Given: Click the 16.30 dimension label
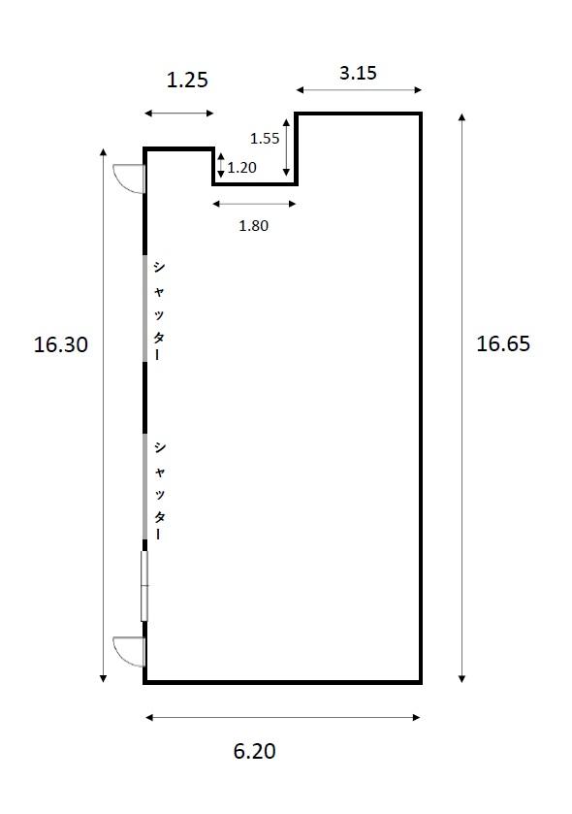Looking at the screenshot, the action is [x=61, y=344].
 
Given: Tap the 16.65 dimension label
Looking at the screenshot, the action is [x=503, y=343].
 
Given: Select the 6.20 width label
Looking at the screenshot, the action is [x=254, y=751].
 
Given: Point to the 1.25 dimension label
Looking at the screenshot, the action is [x=187, y=80].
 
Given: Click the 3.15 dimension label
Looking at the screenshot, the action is [x=358, y=73].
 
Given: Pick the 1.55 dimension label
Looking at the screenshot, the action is [x=265, y=138].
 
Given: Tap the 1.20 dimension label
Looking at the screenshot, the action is [x=241, y=167].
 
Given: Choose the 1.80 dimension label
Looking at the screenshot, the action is [x=254, y=226].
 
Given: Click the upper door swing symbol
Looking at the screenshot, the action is [x=130, y=178].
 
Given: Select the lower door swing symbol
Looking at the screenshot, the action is [x=130, y=651].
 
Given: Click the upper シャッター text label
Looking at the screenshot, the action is [x=158, y=310].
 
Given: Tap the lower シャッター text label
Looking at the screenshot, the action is [x=159, y=491].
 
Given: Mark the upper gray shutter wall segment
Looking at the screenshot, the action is [x=144, y=309].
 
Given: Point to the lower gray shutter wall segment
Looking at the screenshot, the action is [x=144, y=486].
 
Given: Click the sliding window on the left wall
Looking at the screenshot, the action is [x=144, y=586].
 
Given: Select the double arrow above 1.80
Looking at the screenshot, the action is [x=254, y=204].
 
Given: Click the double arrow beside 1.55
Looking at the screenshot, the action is [x=286, y=147].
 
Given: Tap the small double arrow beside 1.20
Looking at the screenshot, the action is [x=221, y=165].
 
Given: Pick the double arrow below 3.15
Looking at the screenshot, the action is [x=359, y=90].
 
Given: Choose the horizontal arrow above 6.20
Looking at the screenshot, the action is [x=283, y=717].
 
